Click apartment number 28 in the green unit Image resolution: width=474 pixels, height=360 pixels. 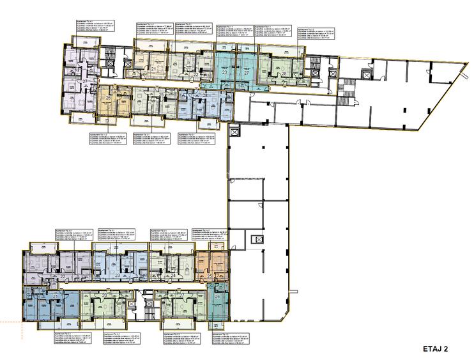(284, 74)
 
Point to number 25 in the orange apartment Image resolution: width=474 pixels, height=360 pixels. (210, 276)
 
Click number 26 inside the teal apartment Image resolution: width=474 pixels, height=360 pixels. (218, 297)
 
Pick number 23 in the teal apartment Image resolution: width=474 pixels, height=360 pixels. (224, 74)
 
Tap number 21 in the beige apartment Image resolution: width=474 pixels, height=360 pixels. (154, 69)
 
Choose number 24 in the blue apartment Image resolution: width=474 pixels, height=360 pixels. (173, 276)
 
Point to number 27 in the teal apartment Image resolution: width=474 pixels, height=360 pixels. (246, 74)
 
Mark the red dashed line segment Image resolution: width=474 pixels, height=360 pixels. (10, 320)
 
